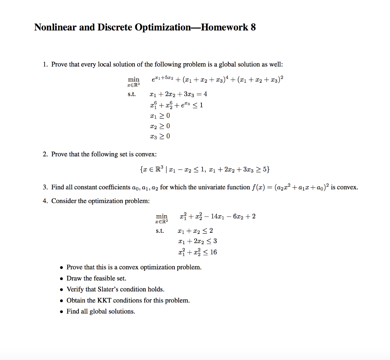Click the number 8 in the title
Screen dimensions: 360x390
pos(253,27)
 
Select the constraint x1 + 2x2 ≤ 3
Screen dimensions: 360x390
pos(198,241)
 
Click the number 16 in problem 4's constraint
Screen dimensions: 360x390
pos(213,252)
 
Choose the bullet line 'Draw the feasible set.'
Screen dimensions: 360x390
pos(96,278)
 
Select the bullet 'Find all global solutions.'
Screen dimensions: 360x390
pos(101,312)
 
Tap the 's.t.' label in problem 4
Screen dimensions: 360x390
pos(160,231)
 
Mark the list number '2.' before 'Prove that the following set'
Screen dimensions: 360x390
pos(45,154)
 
